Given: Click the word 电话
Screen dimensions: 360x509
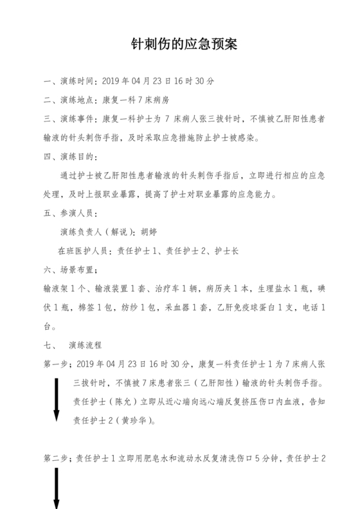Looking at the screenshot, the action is point(311,308).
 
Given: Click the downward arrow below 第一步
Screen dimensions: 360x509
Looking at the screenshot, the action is point(57,399).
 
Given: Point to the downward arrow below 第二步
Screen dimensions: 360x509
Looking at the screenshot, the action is point(57,488).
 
